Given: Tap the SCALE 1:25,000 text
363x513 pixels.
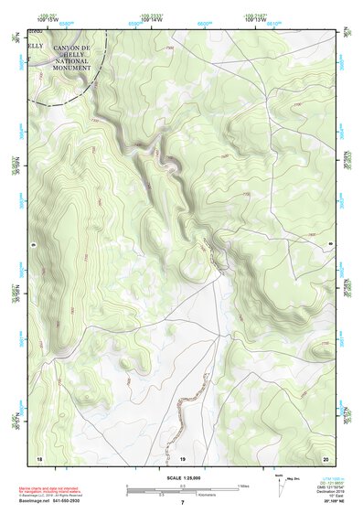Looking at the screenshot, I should click(x=182, y=477).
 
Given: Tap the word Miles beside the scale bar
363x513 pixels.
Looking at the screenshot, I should click(x=243, y=486).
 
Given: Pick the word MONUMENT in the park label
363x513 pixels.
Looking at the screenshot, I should click(x=71, y=68).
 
